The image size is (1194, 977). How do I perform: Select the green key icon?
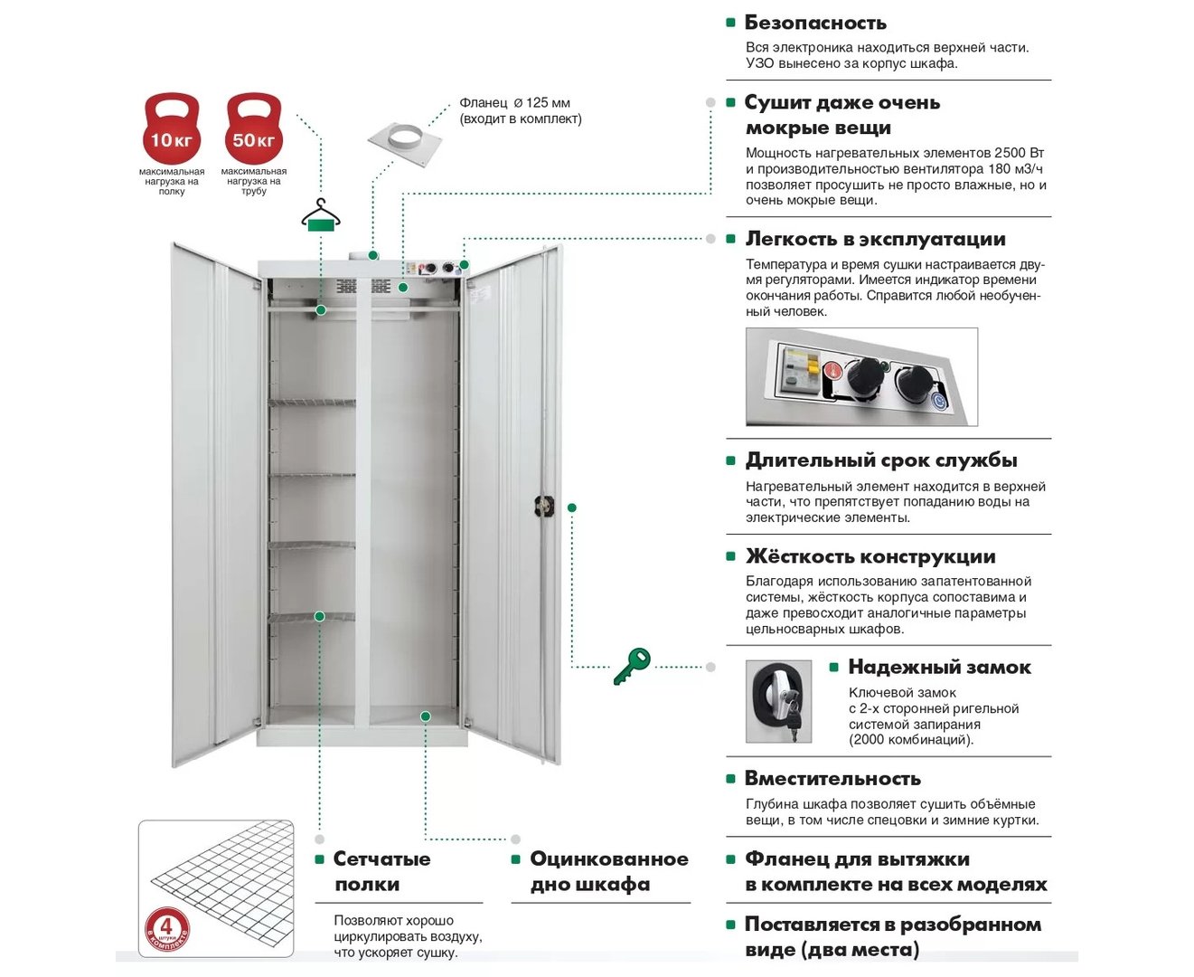point(632,666)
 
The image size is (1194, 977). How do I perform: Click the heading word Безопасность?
point(814,23)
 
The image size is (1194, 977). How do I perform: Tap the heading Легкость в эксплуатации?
point(875,239)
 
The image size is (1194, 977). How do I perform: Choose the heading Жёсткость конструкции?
point(870,556)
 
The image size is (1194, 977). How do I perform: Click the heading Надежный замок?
point(939,668)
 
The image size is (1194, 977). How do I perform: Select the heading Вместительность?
point(832,779)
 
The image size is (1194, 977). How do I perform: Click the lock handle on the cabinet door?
point(543,506)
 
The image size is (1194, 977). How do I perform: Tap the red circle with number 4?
point(166,928)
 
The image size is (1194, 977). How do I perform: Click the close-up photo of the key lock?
point(778,701)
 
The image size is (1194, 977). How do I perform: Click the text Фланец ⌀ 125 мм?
point(514,103)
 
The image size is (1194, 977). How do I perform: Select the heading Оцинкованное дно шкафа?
point(608,871)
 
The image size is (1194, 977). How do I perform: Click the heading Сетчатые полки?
point(381,871)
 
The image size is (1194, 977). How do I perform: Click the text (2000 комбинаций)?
point(910,740)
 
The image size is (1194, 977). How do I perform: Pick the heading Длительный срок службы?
point(881,460)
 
